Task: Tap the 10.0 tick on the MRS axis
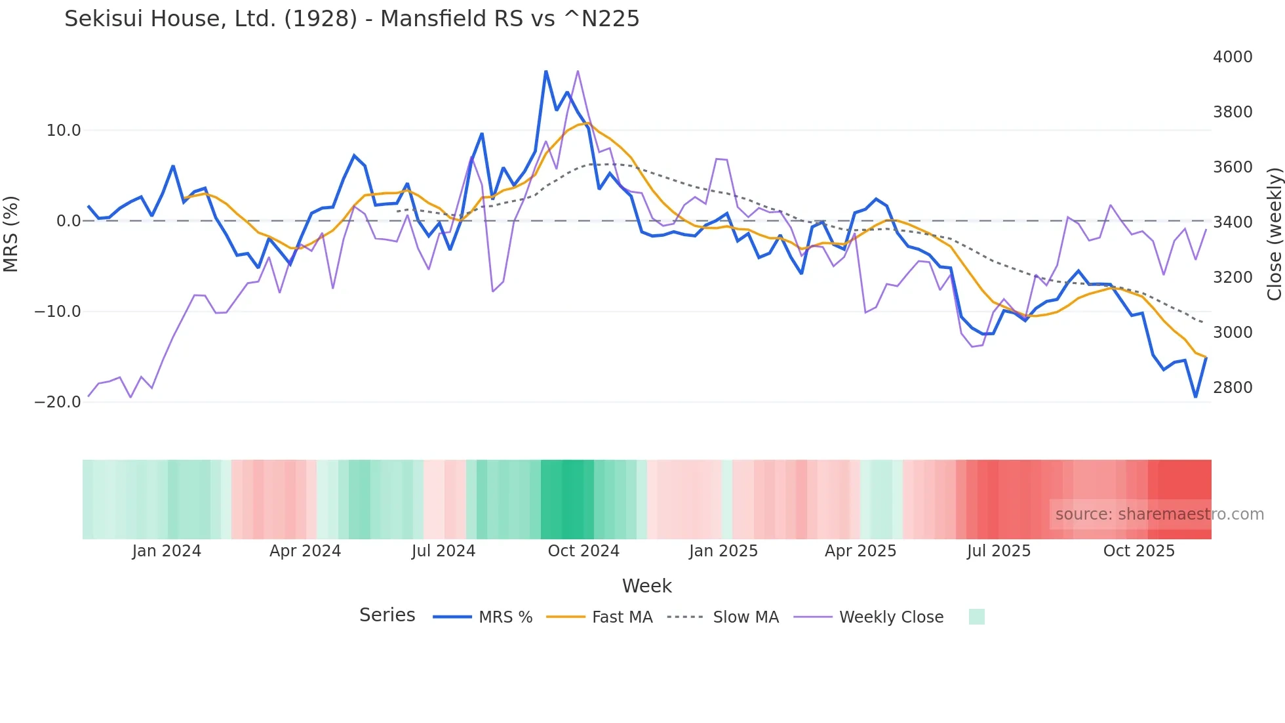coord(64,131)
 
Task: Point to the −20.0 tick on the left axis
coord(58,402)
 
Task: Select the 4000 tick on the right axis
coord(1233,57)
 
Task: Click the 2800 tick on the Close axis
coord(1233,388)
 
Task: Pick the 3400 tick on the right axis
coord(1233,222)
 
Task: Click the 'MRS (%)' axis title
coord(11,234)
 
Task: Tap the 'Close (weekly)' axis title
coord(1274,234)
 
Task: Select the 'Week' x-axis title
coord(646,586)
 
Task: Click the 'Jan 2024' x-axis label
coord(167,551)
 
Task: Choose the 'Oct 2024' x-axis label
coord(583,551)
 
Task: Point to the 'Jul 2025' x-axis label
coord(998,551)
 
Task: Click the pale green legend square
coord(976,617)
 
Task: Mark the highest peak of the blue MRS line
coord(545,72)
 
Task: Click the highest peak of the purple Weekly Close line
coord(578,71)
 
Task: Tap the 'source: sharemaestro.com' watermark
coord(1159,514)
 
